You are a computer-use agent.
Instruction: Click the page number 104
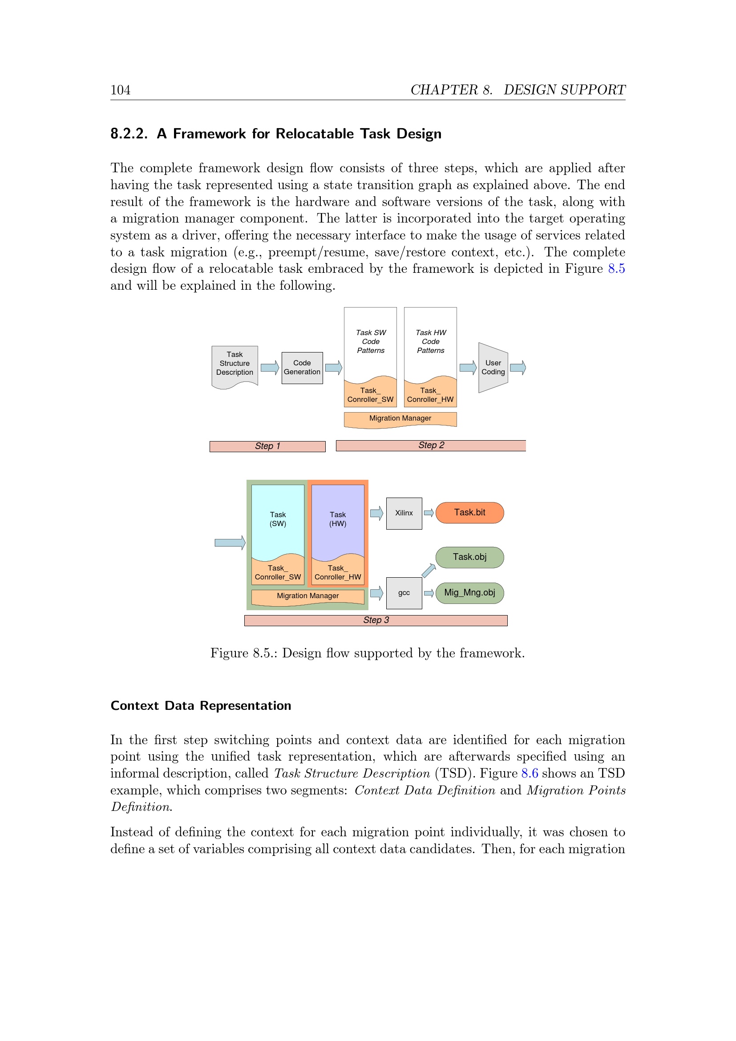(x=120, y=90)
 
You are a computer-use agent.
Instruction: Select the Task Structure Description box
(x=235, y=364)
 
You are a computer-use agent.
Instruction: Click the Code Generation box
(x=302, y=368)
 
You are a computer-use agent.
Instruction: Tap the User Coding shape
(x=493, y=368)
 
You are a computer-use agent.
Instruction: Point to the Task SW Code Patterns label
(x=370, y=341)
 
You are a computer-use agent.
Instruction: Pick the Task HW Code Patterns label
(x=431, y=341)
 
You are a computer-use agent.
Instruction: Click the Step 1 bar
(x=267, y=446)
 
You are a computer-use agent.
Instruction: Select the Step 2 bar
(x=431, y=445)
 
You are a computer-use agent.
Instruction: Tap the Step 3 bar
(x=376, y=620)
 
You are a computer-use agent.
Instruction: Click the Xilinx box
(x=404, y=513)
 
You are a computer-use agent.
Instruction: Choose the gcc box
(x=404, y=592)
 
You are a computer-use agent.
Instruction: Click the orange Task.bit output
(x=469, y=513)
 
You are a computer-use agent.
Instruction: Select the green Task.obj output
(x=469, y=557)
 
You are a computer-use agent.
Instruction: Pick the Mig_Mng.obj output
(x=469, y=592)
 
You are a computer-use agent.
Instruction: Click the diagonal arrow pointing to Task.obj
(x=428, y=571)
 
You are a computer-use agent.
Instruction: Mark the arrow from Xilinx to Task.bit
(x=429, y=513)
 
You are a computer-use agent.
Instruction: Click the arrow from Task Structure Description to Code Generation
(x=270, y=367)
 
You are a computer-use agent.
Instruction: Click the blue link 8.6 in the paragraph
(x=530, y=773)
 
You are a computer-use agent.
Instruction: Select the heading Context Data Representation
(x=201, y=705)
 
